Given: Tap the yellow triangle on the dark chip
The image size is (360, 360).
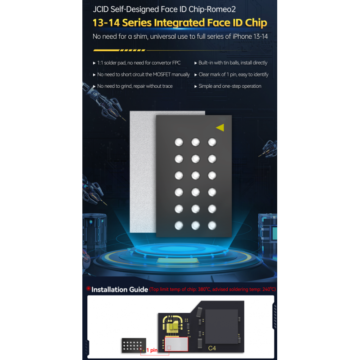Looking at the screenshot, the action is point(220,127).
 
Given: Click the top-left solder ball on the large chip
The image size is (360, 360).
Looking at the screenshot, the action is point(179,142).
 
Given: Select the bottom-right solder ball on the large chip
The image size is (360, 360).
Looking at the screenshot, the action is point(212,225).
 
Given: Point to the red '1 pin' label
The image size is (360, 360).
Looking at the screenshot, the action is point(152,350).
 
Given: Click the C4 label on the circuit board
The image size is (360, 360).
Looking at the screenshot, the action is point(212,348).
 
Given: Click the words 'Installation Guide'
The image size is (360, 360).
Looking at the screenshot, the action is point(120,289).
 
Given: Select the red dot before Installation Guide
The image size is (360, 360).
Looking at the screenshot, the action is point(88,288).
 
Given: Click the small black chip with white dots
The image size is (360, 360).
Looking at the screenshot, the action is point(134,345).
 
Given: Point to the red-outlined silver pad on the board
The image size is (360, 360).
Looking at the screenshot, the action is point(176,344).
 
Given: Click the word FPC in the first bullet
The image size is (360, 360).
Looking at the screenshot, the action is point(176,63).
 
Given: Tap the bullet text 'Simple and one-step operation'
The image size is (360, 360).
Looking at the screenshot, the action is point(230,86).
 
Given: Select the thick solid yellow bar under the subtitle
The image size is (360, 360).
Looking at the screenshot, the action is point(106,50).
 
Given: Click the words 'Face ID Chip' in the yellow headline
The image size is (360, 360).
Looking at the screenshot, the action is point(237,23).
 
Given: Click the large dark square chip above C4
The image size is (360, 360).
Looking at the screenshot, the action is point(221,326).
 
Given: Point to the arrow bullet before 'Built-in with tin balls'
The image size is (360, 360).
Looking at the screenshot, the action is point(196,63).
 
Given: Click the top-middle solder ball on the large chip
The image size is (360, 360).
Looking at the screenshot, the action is point(195,142).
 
